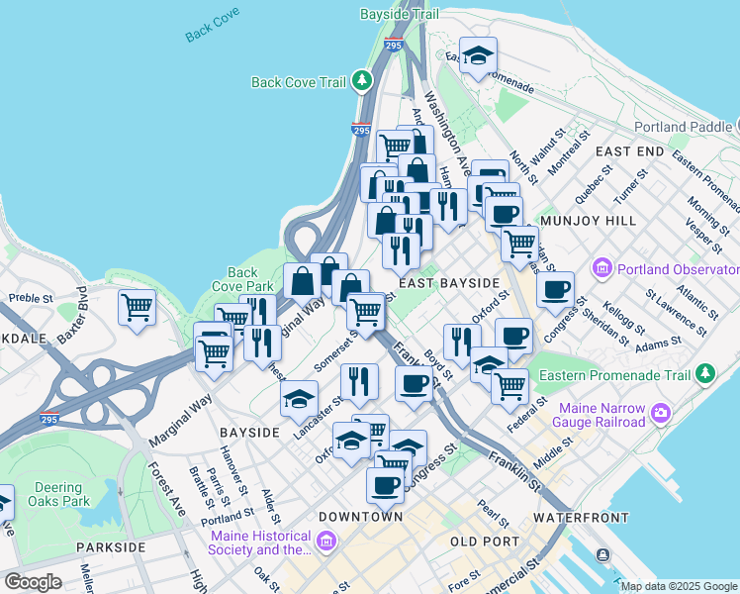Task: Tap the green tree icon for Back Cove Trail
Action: [x=363, y=80]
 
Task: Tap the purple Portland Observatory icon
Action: [x=601, y=268]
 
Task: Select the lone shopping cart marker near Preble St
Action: [x=137, y=306]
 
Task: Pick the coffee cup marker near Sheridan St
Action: [x=556, y=289]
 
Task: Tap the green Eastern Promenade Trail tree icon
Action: [x=704, y=374]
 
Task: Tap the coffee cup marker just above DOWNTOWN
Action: [x=385, y=485]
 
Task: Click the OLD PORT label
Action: [x=484, y=542]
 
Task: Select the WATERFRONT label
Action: [x=581, y=518]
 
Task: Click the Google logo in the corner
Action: [x=33, y=582]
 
